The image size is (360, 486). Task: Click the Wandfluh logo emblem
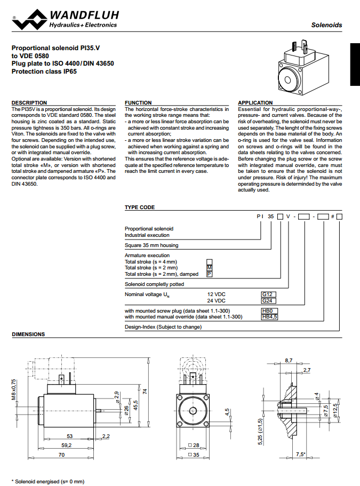[x=29, y=19]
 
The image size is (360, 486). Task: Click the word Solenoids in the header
[x=326, y=25]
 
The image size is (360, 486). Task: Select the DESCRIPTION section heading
[x=29, y=102]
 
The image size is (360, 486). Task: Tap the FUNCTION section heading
[x=138, y=102]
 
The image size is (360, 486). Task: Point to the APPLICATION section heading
[x=255, y=102]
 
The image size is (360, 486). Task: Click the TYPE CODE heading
[x=140, y=208]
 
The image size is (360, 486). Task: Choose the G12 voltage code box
[x=268, y=294]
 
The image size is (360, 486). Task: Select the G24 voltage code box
[x=268, y=300]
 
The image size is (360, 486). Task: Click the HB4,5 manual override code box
[x=269, y=317]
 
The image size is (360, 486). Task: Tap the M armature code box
[x=209, y=268]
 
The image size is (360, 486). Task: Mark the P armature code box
[x=209, y=274]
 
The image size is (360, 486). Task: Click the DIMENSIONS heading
[x=28, y=334]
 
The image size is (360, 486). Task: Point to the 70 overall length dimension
[x=62, y=455]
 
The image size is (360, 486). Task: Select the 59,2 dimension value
[x=66, y=444]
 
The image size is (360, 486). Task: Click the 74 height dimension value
[x=144, y=391]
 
